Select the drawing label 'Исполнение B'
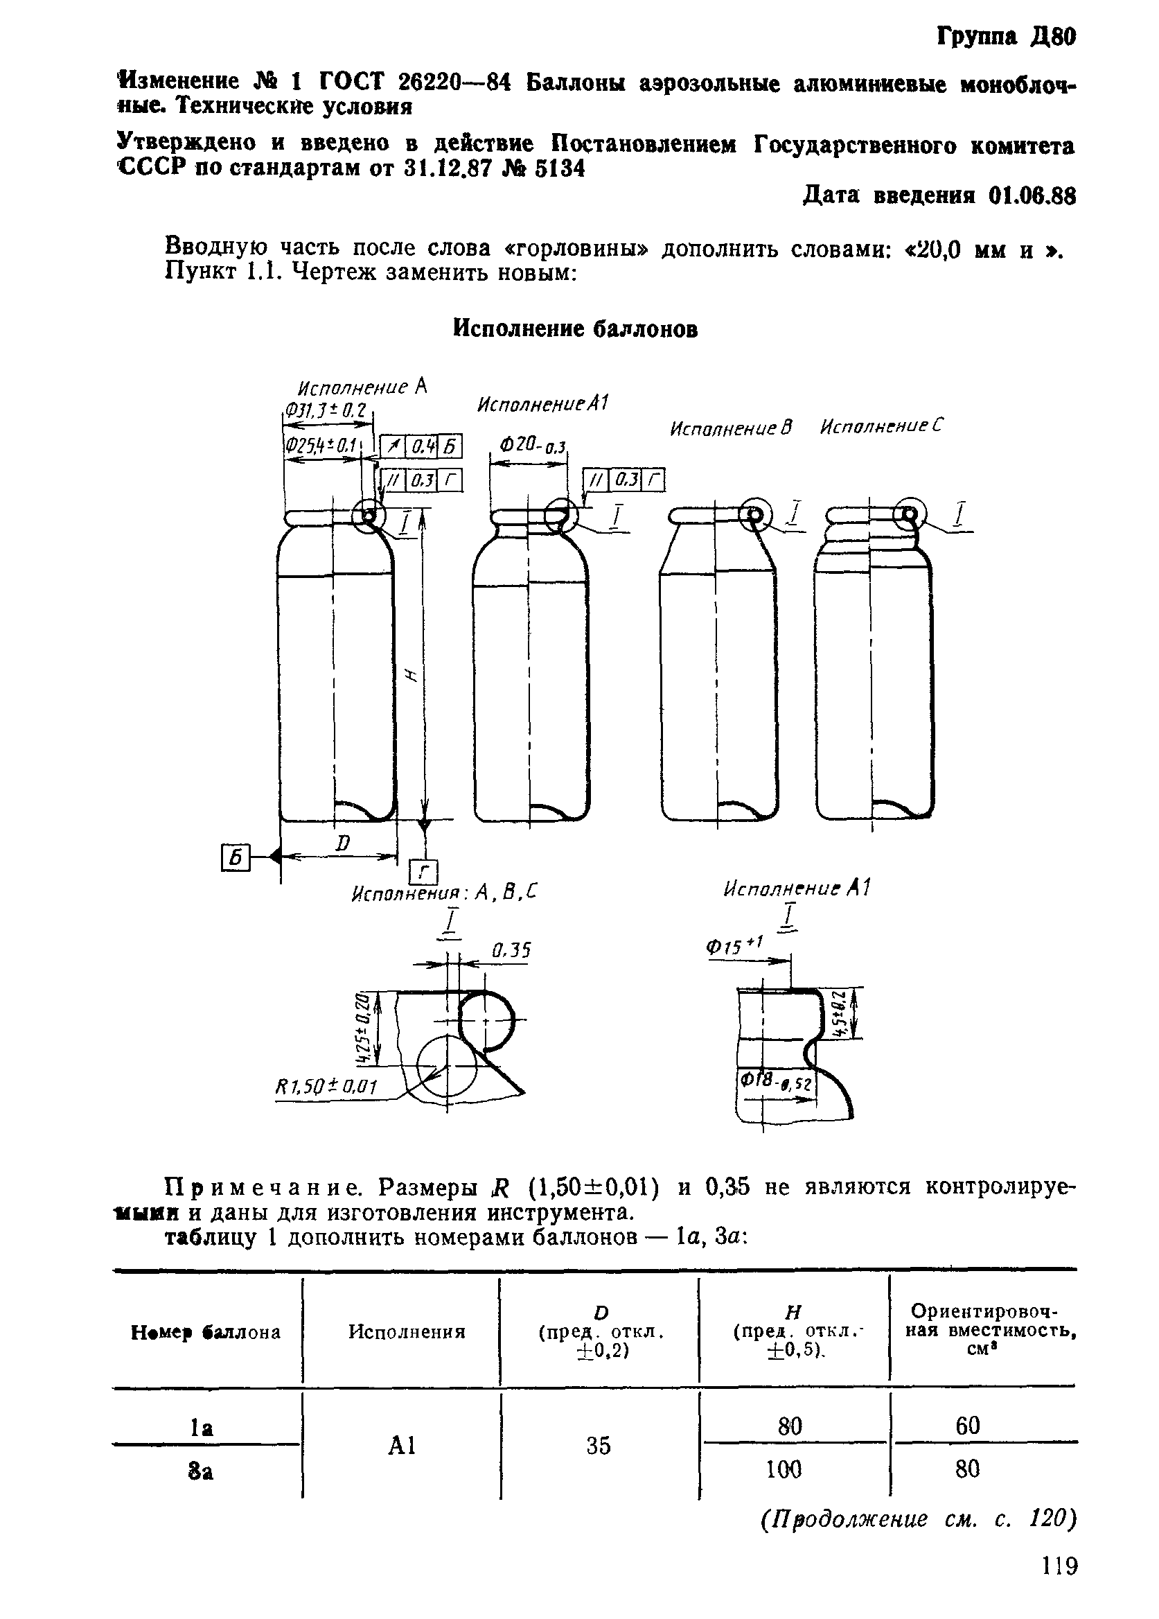pyautogui.click(x=732, y=428)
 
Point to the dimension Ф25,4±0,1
pyautogui.click(x=321, y=446)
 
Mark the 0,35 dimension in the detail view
pyautogui.click(x=512, y=950)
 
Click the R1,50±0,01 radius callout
pyautogui.click(x=326, y=1087)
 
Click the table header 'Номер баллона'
pyautogui.click(x=206, y=1332)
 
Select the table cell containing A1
pyautogui.click(x=402, y=1446)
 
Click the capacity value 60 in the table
pyautogui.click(x=967, y=1426)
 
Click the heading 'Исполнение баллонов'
pyautogui.click(x=575, y=329)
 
